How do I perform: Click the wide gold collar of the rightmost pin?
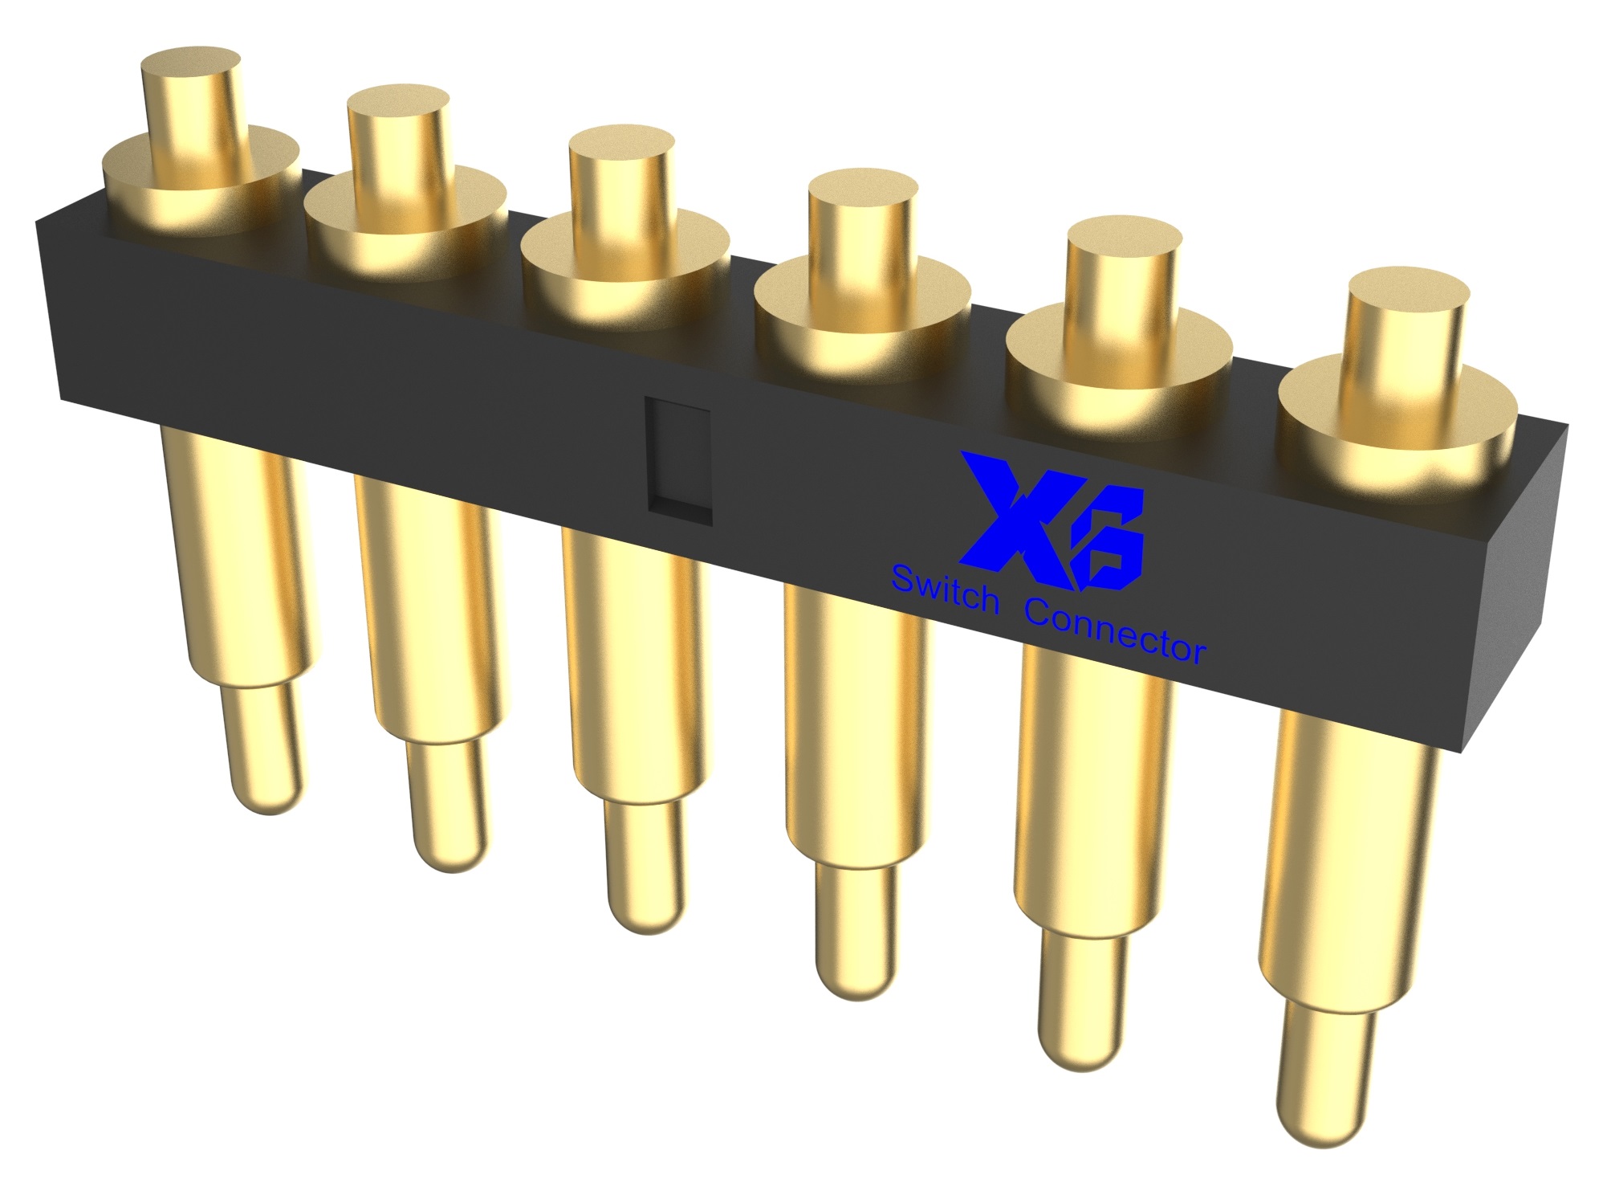[x=1397, y=418]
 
